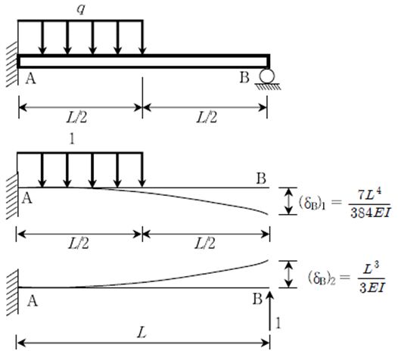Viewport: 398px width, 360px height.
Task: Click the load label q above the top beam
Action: (x=81, y=9)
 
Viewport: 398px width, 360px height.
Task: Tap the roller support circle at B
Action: (x=267, y=76)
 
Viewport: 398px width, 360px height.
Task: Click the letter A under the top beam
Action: (x=31, y=78)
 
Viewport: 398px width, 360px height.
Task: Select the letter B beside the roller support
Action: (x=244, y=77)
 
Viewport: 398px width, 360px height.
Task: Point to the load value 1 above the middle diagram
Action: (x=73, y=139)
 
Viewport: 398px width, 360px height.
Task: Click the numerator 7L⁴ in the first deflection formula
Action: (x=369, y=195)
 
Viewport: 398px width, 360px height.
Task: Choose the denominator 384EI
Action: (x=369, y=213)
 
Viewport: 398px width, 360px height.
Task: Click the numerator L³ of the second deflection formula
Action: (x=371, y=268)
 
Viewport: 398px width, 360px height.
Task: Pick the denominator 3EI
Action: (x=372, y=287)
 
